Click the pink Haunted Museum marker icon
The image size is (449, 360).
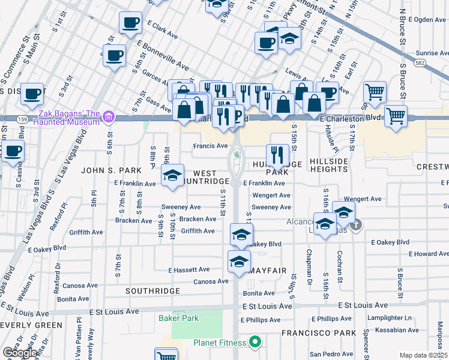pyautogui.click(x=109, y=116)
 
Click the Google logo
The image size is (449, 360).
pyautogui.click(x=20, y=353)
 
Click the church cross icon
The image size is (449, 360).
pyautogui.click(x=356, y=226)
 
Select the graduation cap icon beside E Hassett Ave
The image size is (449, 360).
pyautogui.click(x=239, y=262)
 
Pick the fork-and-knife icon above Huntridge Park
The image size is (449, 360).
pyautogui.click(x=277, y=155)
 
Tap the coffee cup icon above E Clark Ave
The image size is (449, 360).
pyautogui.click(x=130, y=24)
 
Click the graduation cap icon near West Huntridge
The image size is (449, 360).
pyautogui.click(x=172, y=177)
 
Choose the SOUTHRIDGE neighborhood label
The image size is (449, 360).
pyautogui.click(x=152, y=290)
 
